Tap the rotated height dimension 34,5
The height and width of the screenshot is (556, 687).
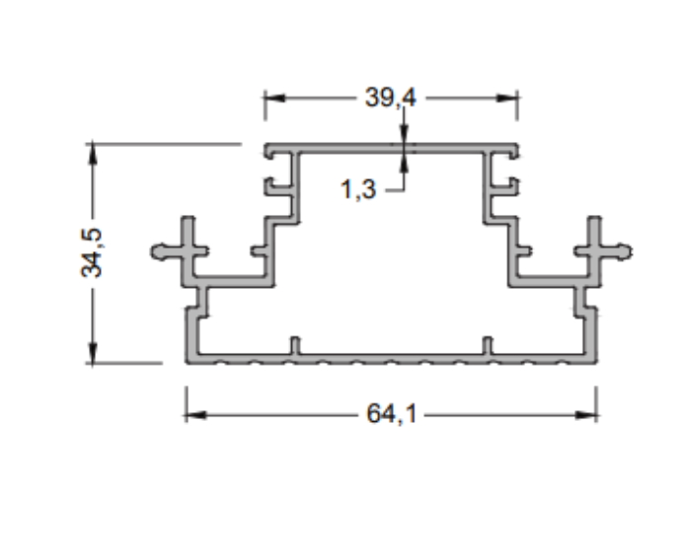92,252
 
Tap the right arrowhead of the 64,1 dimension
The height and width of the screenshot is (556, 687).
589,415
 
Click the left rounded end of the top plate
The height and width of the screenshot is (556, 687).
268,152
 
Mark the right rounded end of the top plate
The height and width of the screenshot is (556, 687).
514,152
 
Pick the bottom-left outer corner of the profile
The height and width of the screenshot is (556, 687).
188,362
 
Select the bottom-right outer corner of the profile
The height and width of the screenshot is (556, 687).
595,362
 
